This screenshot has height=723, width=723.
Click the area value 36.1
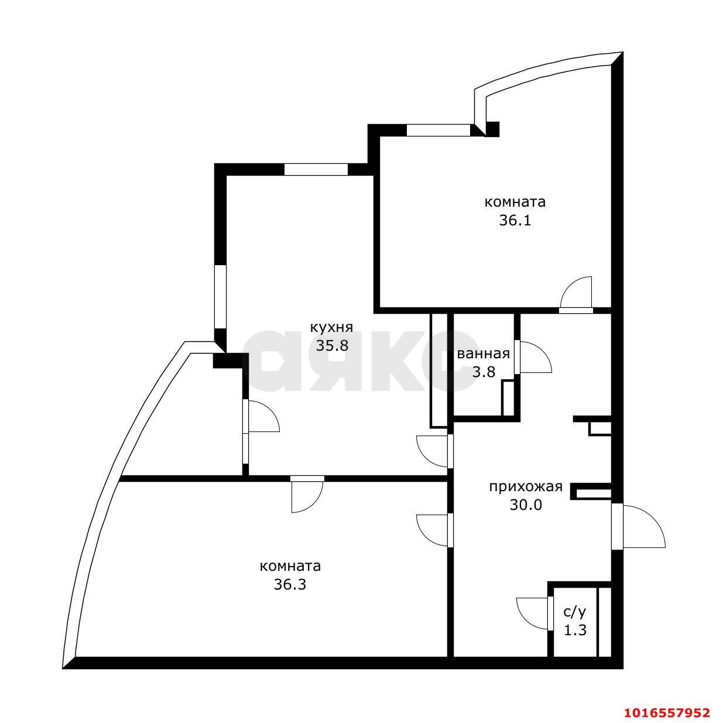point(515,221)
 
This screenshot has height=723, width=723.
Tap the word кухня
point(332,328)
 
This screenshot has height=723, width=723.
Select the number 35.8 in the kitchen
point(332,345)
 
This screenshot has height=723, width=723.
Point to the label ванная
point(483,354)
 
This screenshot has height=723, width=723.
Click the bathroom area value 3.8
point(484,372)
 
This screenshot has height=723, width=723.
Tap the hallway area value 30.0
point(526,505)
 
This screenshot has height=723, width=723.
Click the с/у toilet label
point(574,613)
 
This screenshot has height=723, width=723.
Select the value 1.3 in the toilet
point(575,631)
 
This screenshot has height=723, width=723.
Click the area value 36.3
point(290,584)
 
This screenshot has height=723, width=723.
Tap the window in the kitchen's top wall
point(316,169)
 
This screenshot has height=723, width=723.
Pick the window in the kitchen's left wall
point(220,297)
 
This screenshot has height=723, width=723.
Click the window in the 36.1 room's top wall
point(438,130)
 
